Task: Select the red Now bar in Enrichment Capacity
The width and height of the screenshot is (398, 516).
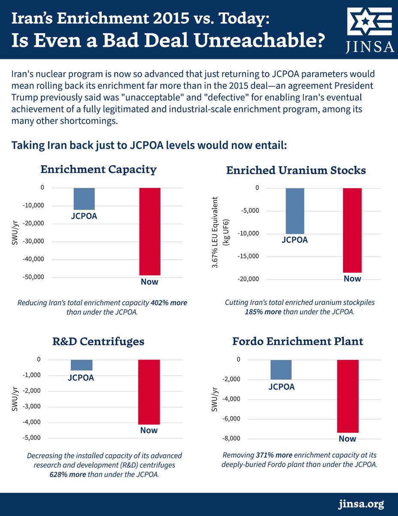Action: [x=149, y=231]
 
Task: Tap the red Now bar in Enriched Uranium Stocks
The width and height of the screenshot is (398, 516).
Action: [x=352, y=230]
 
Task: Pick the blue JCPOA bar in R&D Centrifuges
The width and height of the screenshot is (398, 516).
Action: [x=82, y=365]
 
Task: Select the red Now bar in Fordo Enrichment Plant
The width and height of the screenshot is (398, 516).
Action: [x=348, y=396]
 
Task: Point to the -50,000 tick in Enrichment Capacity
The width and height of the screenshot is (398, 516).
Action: [x=32, y=277]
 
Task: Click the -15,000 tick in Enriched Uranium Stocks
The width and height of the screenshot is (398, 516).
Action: [x=248, y=257]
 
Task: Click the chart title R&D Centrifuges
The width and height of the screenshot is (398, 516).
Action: [x=98, y=342]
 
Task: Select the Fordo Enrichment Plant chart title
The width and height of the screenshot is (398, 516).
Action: [x=298, y=342]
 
